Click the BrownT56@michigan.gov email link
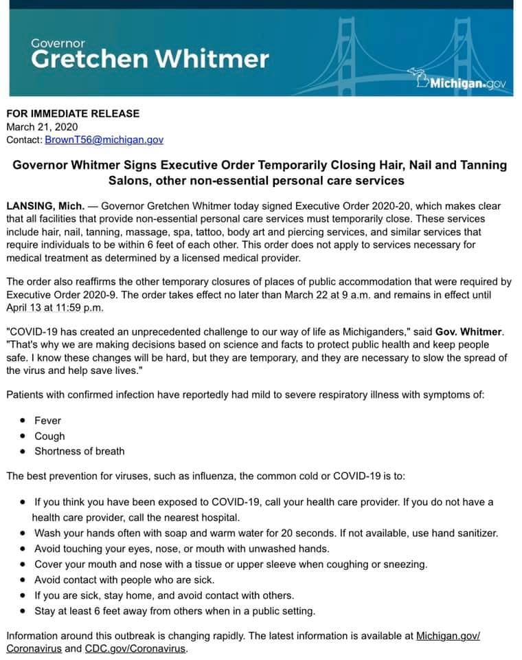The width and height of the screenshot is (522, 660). pos(104,140)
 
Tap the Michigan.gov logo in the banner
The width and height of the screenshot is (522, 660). pos(462,83)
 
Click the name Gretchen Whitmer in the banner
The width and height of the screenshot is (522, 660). pos(150,59)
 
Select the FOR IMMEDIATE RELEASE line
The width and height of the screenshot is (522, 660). pos(73,113)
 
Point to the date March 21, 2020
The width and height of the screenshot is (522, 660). pos(42,126)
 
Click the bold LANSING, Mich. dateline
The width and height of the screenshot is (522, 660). pos(45,206)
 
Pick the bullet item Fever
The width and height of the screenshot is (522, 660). pos(48,420)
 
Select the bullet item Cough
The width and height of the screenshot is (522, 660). pos(49,436)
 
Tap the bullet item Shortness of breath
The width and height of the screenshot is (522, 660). pos(80,451)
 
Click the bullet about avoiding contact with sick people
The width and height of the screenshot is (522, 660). pos(124,580)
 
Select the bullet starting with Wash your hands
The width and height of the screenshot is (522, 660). pos(266,533)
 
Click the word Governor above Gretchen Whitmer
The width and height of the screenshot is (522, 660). pos(58,43)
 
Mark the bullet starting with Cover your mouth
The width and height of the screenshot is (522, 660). pos(230,564)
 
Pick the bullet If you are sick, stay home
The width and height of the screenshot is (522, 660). pos(164,595)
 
